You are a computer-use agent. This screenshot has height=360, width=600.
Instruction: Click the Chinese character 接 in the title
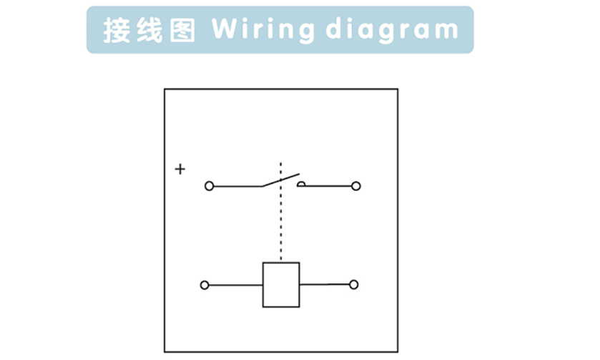[117, 30]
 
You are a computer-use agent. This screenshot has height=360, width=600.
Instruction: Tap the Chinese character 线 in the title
[150, 30]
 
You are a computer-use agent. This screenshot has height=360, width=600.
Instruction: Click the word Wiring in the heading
[263, 30]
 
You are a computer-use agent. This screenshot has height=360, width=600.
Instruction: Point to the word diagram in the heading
[391, 30]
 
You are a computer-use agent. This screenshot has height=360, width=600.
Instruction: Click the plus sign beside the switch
[180, 169]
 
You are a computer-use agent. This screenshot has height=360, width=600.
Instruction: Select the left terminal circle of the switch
[209, 186]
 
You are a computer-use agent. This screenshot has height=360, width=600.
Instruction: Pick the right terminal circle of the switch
[356, 186]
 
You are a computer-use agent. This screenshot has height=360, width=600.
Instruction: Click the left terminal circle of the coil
[205, 285]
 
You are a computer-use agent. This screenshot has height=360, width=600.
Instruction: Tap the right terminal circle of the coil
[353, 285]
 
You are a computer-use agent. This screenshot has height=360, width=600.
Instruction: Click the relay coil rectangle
[281, 285]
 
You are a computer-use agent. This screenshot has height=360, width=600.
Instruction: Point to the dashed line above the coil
[281, 215]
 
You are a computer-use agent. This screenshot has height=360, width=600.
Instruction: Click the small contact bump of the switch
[301, 184]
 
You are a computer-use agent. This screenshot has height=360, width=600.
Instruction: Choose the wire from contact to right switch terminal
[329, 186]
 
